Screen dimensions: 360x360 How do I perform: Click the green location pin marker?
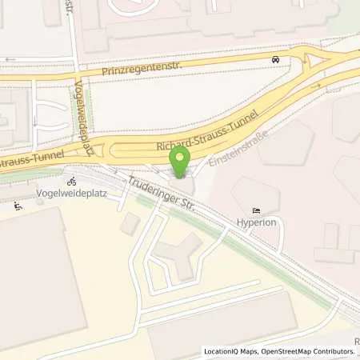tap(181, 161)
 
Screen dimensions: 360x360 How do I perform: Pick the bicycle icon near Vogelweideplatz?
tap(71, 181)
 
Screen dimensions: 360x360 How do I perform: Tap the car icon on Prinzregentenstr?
tap(275, 59)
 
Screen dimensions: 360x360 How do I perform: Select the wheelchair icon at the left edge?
tap(18, 206)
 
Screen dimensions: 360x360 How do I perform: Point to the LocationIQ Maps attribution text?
tap(230, 351)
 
